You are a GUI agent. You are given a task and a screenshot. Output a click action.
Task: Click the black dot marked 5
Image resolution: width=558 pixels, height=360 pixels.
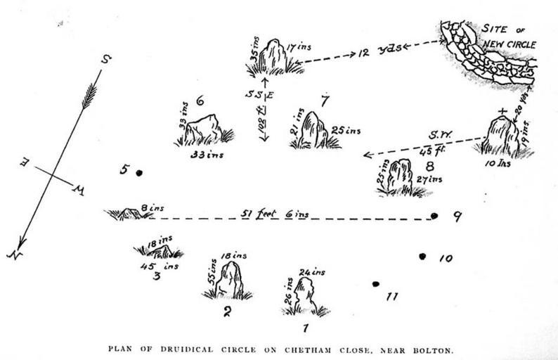[x=139, y=172]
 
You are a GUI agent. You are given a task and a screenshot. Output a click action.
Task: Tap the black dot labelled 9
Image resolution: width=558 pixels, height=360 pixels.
[x=434, y=216]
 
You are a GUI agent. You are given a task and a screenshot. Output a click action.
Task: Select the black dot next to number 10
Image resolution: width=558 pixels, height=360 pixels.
[x=422, y=257]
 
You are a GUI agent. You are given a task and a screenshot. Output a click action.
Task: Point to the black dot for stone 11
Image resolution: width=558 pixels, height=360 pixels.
[x=376, y=284]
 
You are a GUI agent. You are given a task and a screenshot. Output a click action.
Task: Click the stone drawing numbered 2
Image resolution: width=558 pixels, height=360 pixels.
[x=230, y=281]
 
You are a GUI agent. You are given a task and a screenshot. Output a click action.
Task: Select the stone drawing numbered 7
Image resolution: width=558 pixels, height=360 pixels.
[x=312, y=130]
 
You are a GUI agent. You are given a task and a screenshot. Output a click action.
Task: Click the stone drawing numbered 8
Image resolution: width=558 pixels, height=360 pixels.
[x=400, y=176]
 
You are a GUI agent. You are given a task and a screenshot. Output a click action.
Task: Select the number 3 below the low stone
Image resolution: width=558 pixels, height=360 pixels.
[x=156, y=276]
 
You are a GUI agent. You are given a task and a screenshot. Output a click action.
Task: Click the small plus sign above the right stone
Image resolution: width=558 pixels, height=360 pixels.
[x=501, y=111]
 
